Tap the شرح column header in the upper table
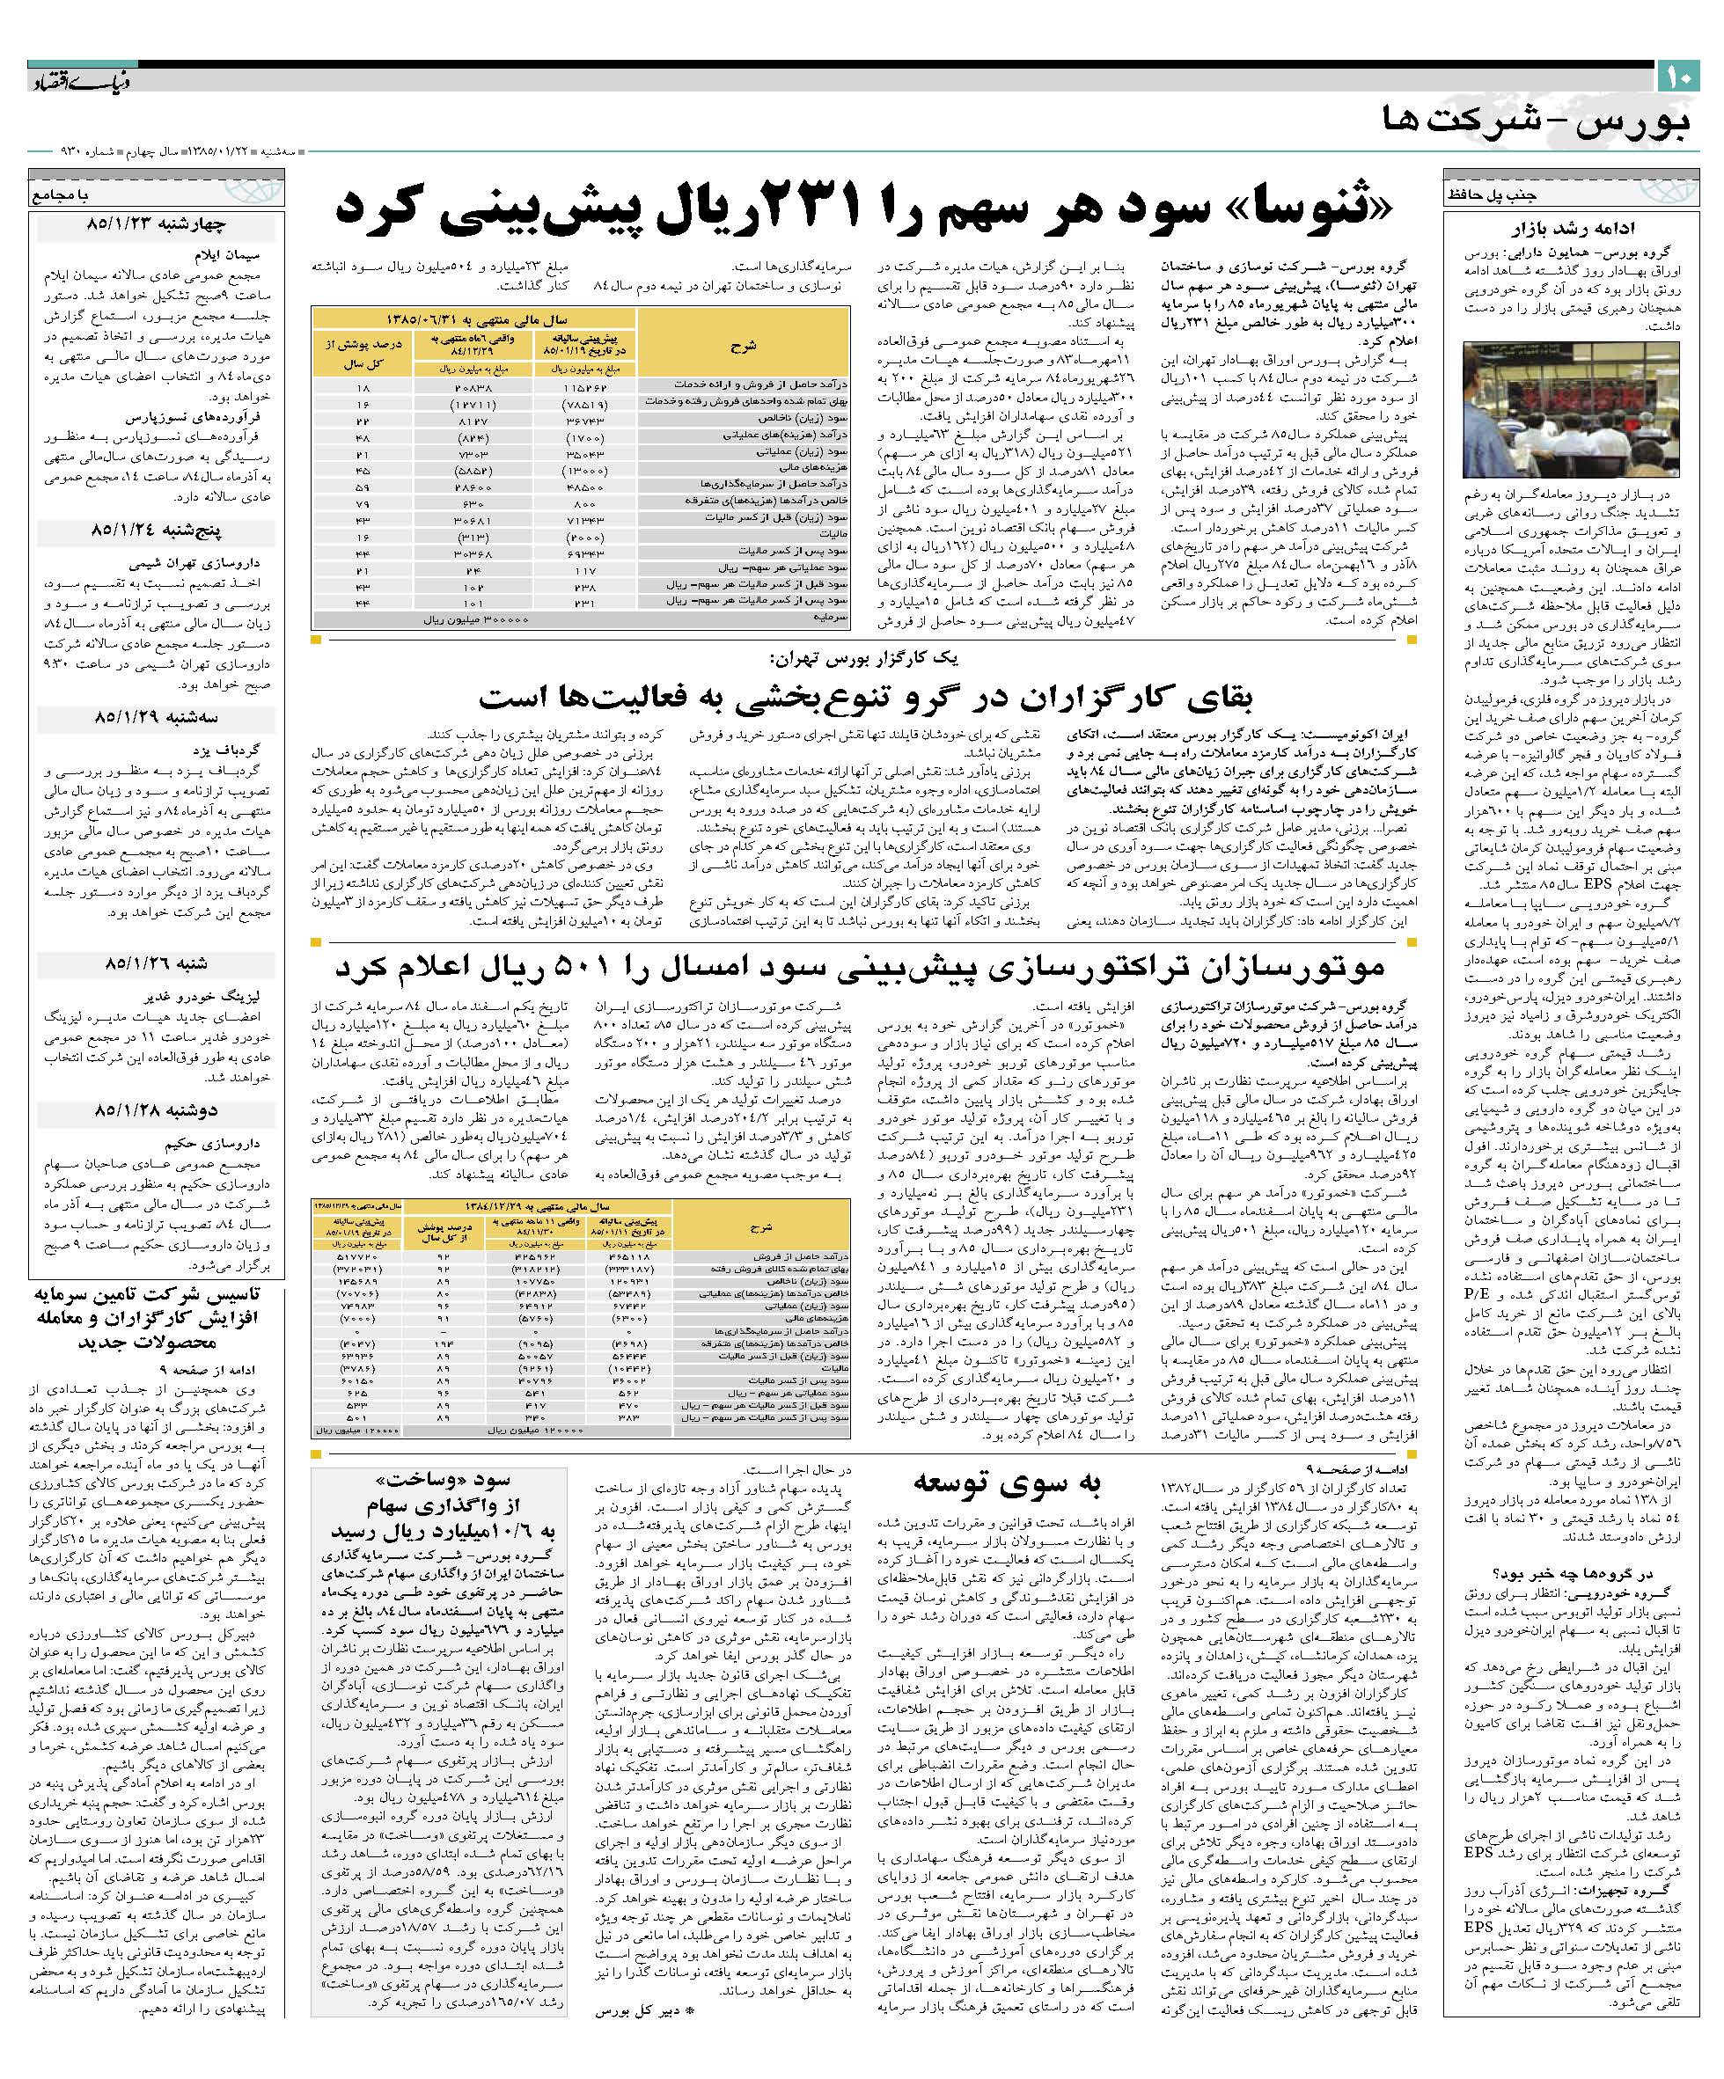click(x=743, y=346)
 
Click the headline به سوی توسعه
click(x=1006, y=1482)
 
